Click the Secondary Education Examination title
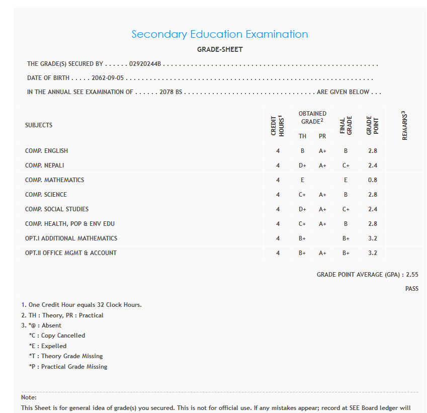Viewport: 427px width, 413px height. (x=219, y=34)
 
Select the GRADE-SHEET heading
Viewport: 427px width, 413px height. (x=220, y=49)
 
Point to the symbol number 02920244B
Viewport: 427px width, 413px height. (x=145, y=64)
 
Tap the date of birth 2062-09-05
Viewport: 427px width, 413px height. (x=107, y=78)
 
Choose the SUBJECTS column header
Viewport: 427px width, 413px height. (x=39, y=125)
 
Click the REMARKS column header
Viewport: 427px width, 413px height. (x=404, y=125)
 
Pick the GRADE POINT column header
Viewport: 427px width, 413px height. (x=372, y=125)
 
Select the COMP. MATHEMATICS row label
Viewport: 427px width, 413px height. (x=54, y=180)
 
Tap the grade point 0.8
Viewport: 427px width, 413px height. (x=372, y=180)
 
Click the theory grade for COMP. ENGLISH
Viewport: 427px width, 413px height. (x=303, y=151)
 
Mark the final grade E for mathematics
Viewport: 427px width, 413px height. (x=346, y=180)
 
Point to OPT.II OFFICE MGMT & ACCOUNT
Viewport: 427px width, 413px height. (x=71, y=253)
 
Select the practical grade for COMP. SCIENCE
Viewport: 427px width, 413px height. (x=322, y=195)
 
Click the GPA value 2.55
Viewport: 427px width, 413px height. (x=412, y=275)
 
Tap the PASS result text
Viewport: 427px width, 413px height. (x=411, y=289)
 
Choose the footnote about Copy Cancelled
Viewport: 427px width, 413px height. (x=57, y=336)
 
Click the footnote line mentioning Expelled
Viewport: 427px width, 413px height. (x=48, y=346)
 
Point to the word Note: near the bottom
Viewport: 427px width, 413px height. (x=29, y=397)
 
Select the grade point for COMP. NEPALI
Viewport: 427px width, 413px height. (x=372, y=166)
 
